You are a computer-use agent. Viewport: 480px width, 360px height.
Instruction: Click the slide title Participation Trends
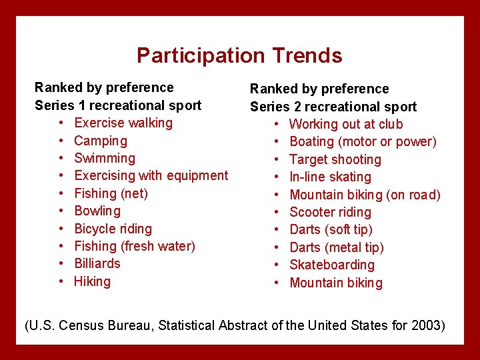click(239, 55)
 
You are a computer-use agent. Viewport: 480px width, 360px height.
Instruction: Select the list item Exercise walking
click(123, 123)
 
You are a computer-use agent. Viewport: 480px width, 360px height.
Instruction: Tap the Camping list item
click(101, 141)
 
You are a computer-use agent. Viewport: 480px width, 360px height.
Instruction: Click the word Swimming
click(105, 159)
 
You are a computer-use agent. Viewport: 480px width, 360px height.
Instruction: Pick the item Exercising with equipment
click(151, 176)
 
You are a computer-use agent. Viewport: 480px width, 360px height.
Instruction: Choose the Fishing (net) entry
click(111, 193)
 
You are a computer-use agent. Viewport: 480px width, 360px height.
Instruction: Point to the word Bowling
click(97, 211)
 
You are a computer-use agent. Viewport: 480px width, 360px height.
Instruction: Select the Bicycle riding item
click(113, 229)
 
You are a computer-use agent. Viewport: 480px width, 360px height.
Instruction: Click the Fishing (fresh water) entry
click(135, 246)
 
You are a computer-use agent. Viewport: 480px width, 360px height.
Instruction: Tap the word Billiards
click(97, 264)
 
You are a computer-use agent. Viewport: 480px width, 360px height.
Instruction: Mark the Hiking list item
click(93, 281)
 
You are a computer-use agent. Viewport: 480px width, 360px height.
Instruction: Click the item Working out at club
click(346, 125)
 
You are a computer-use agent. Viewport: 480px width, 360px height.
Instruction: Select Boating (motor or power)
click(363, 142)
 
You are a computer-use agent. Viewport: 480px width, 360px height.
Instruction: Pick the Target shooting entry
click(335, 160)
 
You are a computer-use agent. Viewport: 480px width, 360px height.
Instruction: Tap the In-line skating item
click(331, 177)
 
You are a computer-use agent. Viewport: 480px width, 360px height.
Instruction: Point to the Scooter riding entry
click(331, 213)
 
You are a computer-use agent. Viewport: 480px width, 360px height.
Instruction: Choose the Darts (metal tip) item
click(337, 248)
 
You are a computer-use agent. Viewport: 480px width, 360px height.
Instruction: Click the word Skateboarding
click(332, 265)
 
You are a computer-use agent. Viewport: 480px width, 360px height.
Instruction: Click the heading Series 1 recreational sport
click(118, 105)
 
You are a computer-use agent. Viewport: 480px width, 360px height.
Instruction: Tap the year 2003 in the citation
click(424, 326)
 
